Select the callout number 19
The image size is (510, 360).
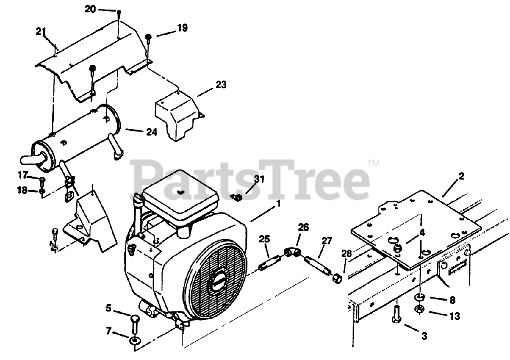[182, 28]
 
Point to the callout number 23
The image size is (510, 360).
[221, 85]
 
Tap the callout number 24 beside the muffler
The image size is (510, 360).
[151, 132]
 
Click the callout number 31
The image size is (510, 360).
[259, 179]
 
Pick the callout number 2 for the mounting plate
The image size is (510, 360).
[461, 176]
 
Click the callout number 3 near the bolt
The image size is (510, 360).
[424, 336]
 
